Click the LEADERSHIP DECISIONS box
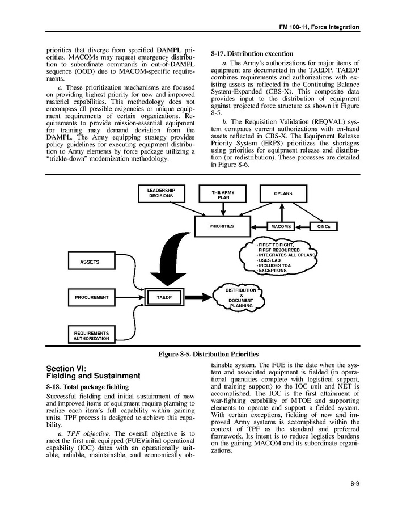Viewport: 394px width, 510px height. (161, 193)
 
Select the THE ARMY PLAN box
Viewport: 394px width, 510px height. (223, 195)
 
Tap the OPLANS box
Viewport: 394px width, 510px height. (283, 193)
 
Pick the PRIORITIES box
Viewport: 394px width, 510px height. (222, 226)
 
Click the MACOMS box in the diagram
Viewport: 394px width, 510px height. (281, 226)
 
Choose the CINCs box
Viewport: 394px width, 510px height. (324, 226)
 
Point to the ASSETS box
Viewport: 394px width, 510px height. (90, 262)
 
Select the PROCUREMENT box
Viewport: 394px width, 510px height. (91, 297)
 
